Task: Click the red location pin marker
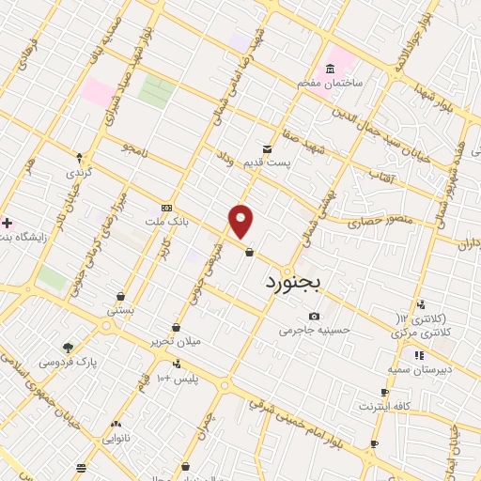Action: coord(241,221)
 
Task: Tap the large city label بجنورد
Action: coord(294,280)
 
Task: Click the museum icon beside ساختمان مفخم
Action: coord(330,70)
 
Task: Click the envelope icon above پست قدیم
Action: coord(267,148)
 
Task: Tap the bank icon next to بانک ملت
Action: coord(166,208)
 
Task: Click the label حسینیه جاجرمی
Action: coord(314,330)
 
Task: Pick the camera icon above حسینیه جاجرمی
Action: coord(314,316)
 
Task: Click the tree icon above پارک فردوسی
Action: coord(68,347)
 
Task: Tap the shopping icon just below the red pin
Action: coord(248,252)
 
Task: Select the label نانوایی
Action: coord(115,438)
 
